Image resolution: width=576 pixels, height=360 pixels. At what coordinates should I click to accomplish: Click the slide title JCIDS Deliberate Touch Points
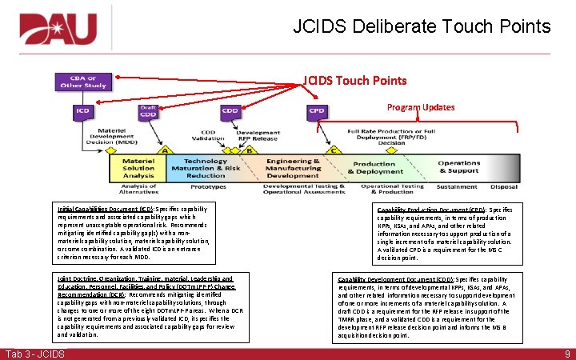coord(422,26)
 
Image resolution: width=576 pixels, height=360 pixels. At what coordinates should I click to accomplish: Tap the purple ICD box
coord(83,110)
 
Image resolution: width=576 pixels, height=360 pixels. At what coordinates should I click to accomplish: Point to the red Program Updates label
coord(422,106)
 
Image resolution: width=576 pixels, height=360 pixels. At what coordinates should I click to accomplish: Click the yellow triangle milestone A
coord(166,150)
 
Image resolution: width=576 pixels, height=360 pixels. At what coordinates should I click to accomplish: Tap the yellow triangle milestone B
coord(250,150)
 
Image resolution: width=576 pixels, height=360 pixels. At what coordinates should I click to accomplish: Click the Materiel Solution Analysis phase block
coord(138,167)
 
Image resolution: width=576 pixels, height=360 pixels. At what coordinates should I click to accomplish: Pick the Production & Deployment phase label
coord(375,167)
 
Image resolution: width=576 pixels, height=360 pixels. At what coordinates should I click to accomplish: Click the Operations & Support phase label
coord(458,167)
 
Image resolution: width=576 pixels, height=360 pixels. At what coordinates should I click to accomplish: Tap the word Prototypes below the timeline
coord(209,186)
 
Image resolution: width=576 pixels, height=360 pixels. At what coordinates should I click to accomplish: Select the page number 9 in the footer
coord(566,354)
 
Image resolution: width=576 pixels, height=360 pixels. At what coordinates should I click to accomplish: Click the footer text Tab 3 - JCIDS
coord(34,354)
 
